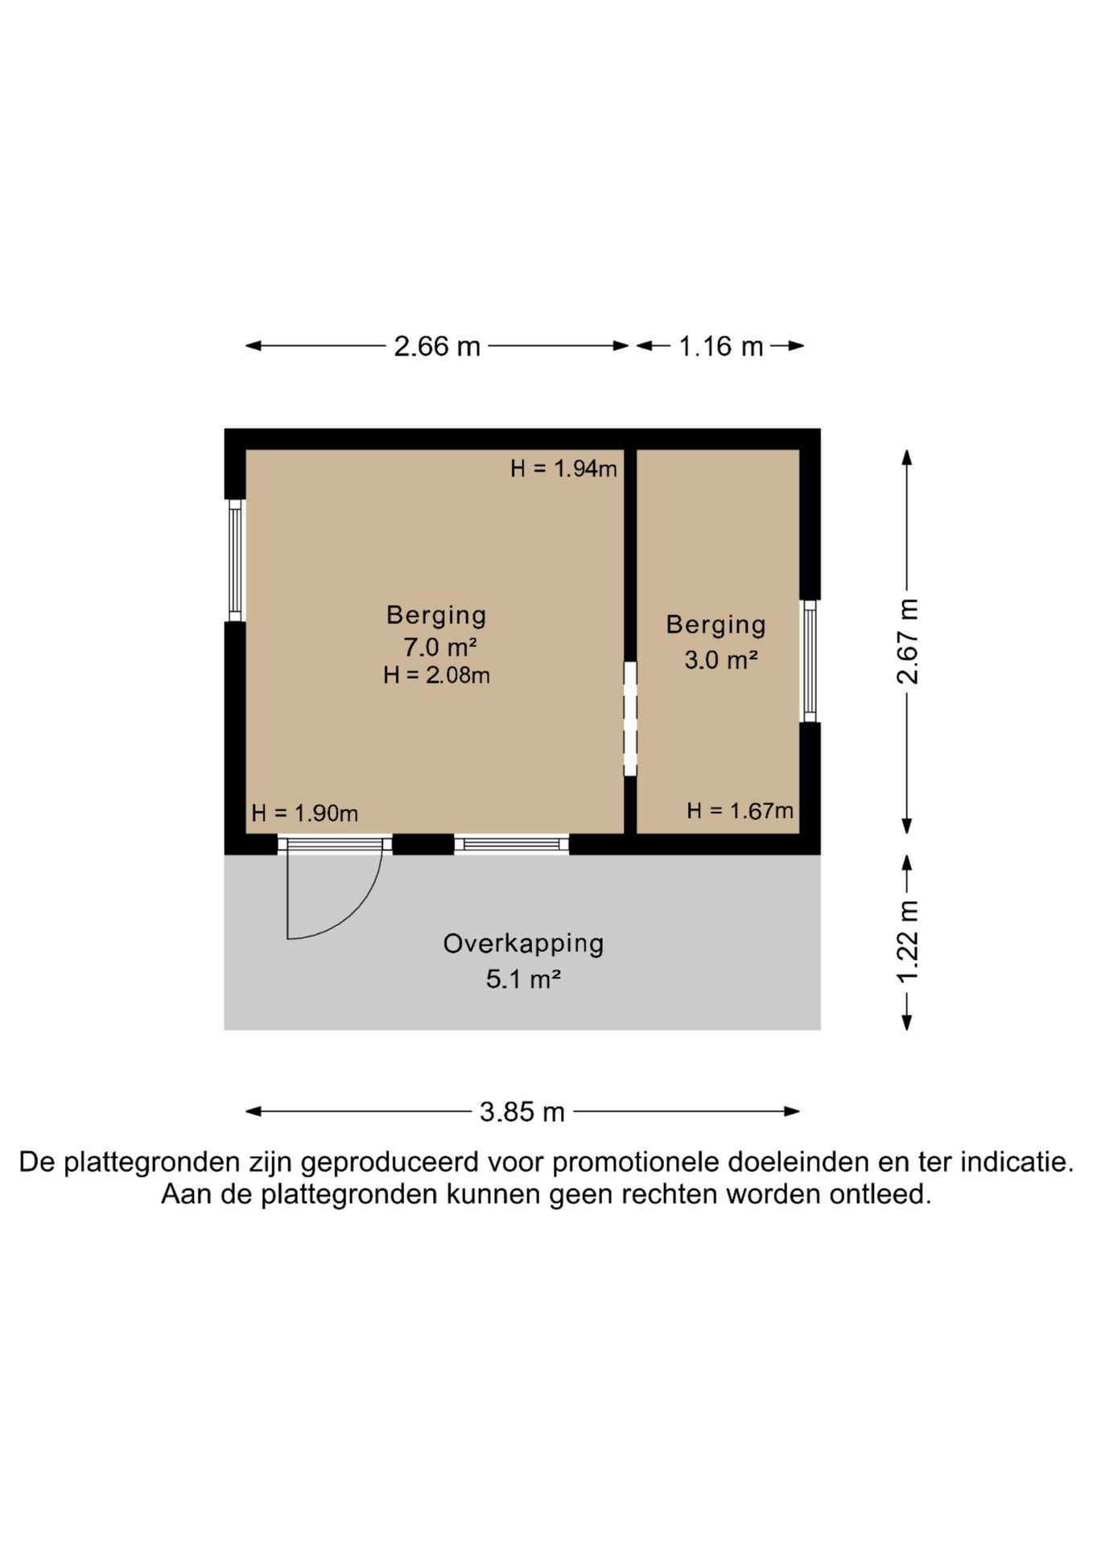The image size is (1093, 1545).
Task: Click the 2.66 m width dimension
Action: click(437, 346)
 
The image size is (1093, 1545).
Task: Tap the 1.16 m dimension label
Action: click(721, 346)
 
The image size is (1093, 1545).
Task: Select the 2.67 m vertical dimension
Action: click(907, 641)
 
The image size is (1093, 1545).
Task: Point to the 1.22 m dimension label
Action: click(907, 941)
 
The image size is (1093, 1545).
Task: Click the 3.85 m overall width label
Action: click(522, 1111)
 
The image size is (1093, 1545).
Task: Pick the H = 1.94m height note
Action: click(563, 468)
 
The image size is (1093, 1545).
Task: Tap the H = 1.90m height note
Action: click(304, 813)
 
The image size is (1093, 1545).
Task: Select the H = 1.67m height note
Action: click(740, 810)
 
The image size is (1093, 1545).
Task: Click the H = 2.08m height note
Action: click(436, 674)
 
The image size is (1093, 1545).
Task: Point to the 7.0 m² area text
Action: click(440, 646)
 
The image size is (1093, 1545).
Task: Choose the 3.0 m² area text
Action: click(721, 660)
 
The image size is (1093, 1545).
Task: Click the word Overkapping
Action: click(523, 944)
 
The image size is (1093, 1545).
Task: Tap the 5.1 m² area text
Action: click(523, 979)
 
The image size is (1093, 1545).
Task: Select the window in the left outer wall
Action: click(235, 561)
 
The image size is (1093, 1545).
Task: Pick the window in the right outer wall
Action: click(810, 661)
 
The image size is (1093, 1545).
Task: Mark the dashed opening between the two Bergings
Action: click(630, 719)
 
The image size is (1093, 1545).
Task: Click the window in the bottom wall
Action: click(512, 844)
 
